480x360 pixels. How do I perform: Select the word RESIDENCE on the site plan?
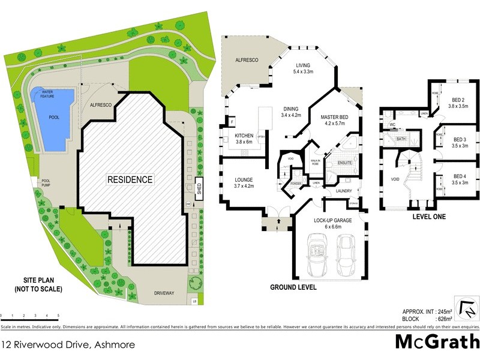tap(130, 179)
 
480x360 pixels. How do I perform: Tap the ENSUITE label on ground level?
tap(345, 162)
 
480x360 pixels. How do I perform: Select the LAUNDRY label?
tap(344, 191)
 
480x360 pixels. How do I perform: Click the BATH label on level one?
tap(401, 139)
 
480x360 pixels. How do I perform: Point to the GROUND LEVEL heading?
tap(293, 287)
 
